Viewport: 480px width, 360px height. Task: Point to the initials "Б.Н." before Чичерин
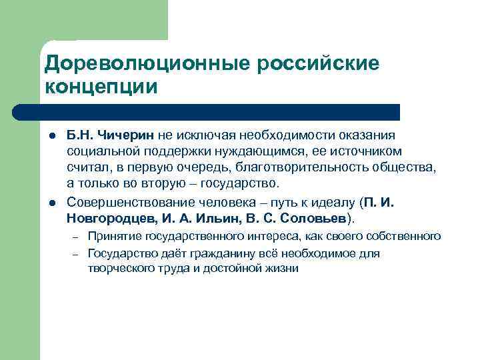coord(79,136)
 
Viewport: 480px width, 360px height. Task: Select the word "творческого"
coord(120,269)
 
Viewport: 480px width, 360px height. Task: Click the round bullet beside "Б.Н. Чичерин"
coord(50,137)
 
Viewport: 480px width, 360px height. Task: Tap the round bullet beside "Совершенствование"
coord(50,203)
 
